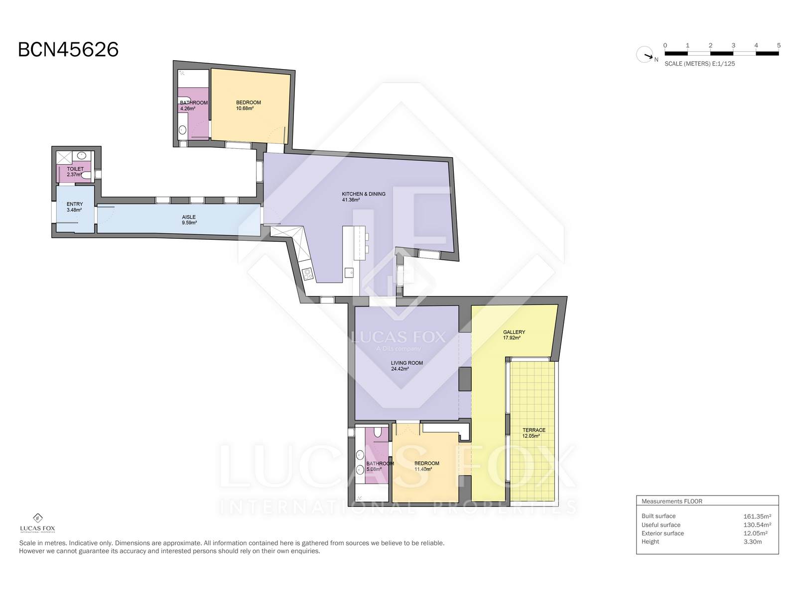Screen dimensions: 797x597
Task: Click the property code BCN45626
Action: (68, 50)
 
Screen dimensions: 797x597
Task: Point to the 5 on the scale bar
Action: (779, 45)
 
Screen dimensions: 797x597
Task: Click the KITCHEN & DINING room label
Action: (364, 194)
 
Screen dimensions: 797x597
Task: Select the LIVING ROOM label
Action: (406, 363)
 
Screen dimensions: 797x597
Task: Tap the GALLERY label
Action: (514, 332)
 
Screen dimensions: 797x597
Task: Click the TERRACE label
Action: (534, 430)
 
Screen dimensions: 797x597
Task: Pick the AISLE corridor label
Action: (189, 217)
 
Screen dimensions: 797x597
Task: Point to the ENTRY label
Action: (75, 204)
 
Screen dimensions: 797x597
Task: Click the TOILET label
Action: (75, 169)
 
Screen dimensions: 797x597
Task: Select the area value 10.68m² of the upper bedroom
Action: (245, 108)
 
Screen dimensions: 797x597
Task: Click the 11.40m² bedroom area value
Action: (423, 469)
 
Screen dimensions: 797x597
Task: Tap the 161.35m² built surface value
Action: (757, 516)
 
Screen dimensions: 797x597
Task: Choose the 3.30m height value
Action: (753, 542)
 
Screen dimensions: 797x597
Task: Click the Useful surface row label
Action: (661, 525)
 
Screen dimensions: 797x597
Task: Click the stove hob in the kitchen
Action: (308, 274)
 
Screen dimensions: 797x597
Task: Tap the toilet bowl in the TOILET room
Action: (86, 176)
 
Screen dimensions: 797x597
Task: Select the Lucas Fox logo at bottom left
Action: (38, 523)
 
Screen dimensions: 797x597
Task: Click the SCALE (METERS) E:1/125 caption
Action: (700, 64)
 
